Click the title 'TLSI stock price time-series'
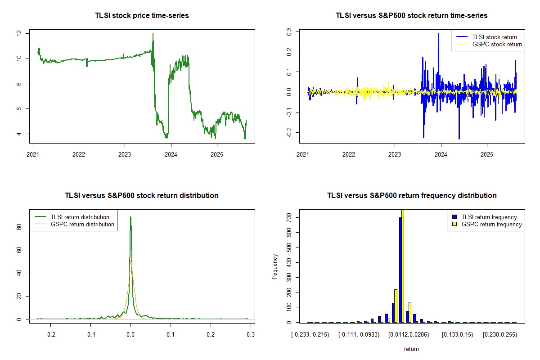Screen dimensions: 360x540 142,16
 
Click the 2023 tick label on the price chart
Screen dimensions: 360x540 125,152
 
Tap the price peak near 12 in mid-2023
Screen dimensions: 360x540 153,34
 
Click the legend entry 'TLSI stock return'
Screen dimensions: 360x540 494,37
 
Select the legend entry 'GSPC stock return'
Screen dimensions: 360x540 497,44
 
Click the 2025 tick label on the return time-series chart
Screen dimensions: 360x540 487,152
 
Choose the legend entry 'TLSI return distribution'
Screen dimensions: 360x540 80,217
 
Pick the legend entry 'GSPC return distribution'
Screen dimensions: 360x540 82,224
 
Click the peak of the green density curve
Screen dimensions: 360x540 130,217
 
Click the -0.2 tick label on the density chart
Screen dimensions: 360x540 50,334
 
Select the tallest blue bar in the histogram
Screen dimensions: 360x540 400,270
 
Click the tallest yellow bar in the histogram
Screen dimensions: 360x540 403,265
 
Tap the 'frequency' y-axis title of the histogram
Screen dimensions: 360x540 275,267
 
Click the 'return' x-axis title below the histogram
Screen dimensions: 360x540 411,349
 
